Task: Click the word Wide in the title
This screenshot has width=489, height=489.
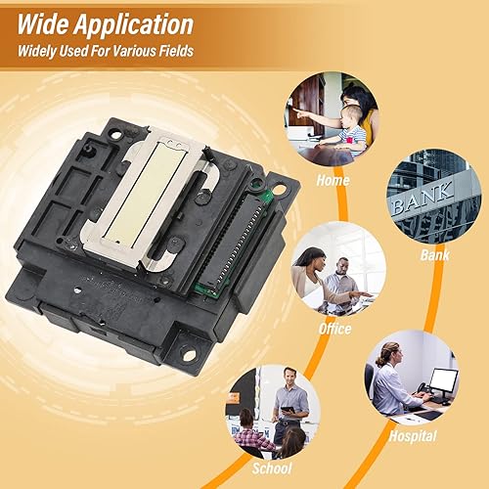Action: [46, 22]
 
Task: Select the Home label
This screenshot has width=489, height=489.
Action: [333, 180]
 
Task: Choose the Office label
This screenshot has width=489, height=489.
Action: [334, 329]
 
